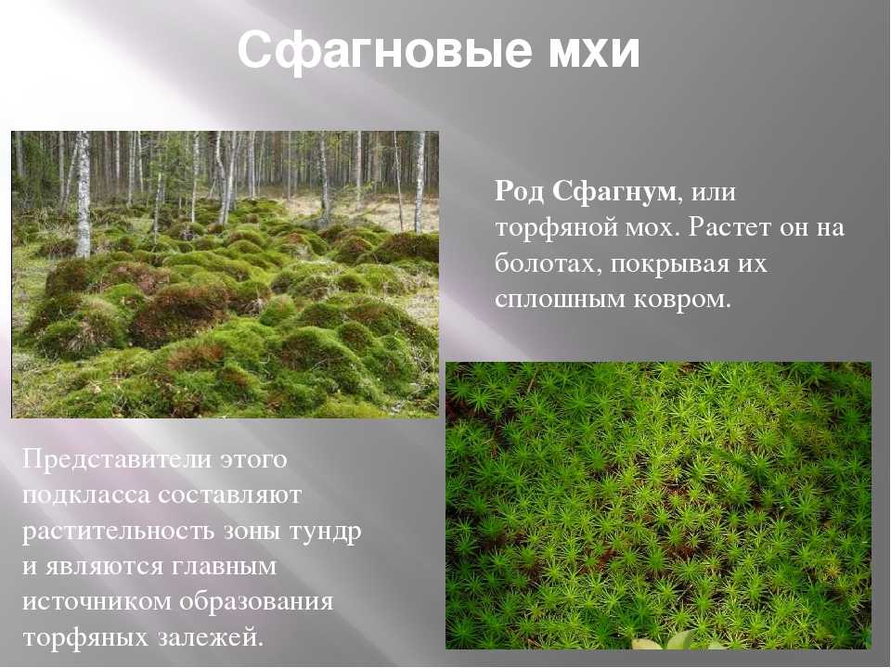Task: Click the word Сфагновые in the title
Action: [x=384, y=50]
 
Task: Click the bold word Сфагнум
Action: [x=614, y=191]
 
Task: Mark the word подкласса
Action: [x=87, y=495]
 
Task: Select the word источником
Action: [x=97, y=601]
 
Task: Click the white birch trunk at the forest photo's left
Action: [x=83, y=194]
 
